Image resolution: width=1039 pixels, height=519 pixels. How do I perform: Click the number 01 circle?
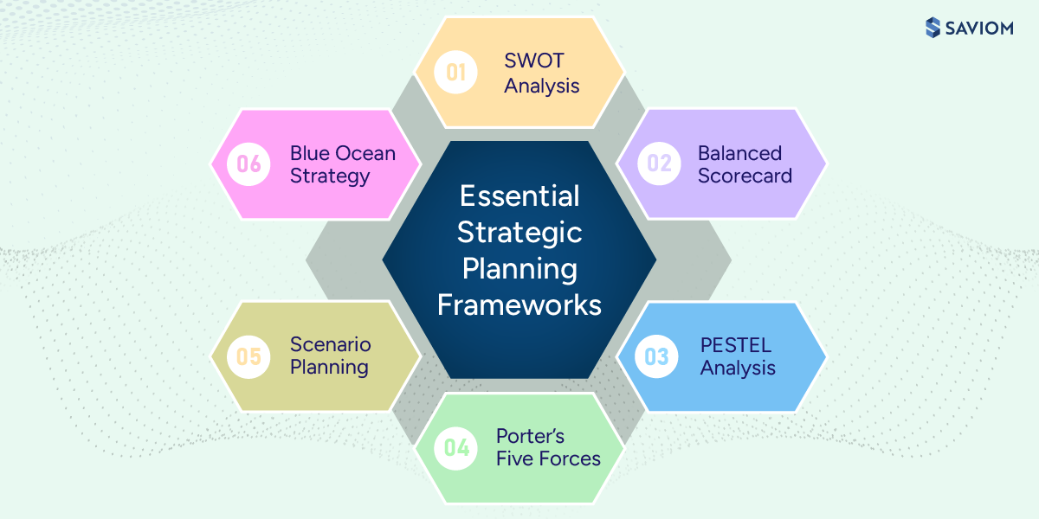(456, 73)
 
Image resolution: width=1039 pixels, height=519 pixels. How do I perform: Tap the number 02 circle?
(659, 163)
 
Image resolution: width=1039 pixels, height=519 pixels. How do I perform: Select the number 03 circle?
(657, 356)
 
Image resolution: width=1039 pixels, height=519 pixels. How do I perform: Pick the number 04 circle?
(456, 447)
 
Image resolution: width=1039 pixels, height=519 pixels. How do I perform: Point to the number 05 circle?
(248, 356)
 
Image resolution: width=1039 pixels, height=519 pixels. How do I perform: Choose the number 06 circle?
(248, 163)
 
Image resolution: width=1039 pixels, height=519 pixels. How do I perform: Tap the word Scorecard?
(745, 176)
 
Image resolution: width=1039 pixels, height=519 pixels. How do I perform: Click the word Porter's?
(530, 436)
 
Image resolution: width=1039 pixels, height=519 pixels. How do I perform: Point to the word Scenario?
(330, 344)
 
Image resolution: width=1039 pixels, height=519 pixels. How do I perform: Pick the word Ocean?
(367, 153)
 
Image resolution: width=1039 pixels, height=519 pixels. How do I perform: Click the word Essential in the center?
(519, 196)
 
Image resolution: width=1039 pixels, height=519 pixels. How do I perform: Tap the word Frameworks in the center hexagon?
(519, 304)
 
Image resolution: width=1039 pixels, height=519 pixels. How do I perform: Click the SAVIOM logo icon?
(933, 28)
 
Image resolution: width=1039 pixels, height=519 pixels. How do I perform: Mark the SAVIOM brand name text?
(983, 28)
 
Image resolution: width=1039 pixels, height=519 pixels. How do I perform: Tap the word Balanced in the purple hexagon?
(739, 153)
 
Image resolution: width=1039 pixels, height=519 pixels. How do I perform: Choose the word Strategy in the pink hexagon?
(330, 176)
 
